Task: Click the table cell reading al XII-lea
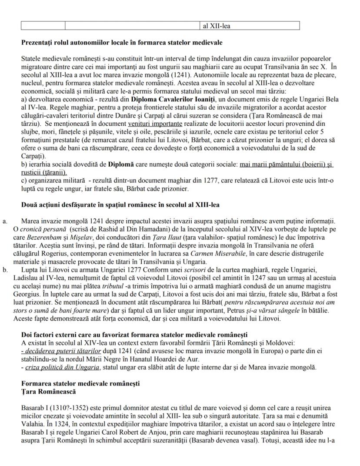tap(217, 26)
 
